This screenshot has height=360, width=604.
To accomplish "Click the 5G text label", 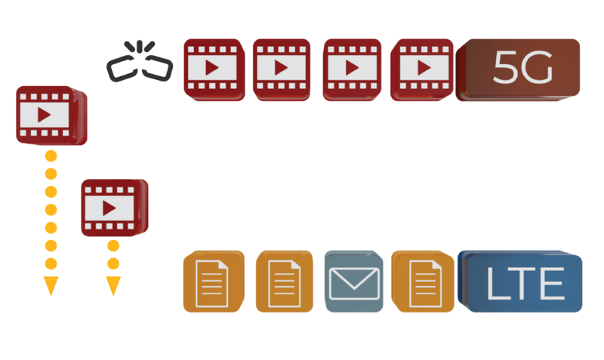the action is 522,69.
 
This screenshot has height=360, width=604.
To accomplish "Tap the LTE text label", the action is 525,285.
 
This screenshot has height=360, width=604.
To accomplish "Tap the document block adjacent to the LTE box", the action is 421,282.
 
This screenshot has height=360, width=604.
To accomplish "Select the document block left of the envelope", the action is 283,282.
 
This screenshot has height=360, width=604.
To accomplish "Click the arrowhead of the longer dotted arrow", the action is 50,288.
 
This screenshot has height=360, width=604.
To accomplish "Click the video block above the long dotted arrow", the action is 50,115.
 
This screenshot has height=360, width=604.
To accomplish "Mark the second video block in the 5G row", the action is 280,69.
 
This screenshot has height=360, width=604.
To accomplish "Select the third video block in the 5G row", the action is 351,69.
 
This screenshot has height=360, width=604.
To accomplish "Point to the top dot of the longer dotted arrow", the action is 50,155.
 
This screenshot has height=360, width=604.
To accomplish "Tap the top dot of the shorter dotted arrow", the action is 113,246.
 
